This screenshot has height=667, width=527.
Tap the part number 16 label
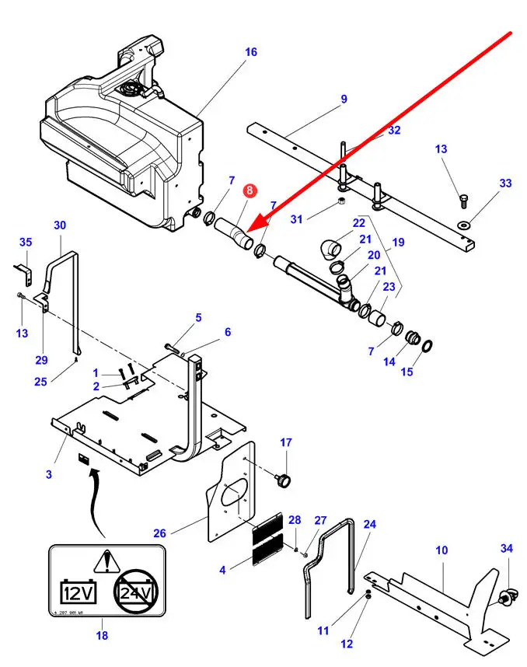point(250,53)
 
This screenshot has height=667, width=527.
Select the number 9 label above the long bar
point(344,100)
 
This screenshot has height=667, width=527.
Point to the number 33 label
point(505,183)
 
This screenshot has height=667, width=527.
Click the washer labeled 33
point(464,225)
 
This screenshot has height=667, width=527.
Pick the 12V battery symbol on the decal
point(79,593)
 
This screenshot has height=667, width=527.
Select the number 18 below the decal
point(101,635)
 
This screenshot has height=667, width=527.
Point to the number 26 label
point(159,533)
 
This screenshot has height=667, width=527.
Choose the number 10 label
point(441,550)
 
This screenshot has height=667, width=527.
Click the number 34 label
point(506,549)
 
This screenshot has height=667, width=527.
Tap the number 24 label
point(369,525)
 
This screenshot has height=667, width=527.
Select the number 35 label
point(26,242)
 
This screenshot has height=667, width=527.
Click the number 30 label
point(61,225)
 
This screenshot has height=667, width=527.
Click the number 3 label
point(49,473)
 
